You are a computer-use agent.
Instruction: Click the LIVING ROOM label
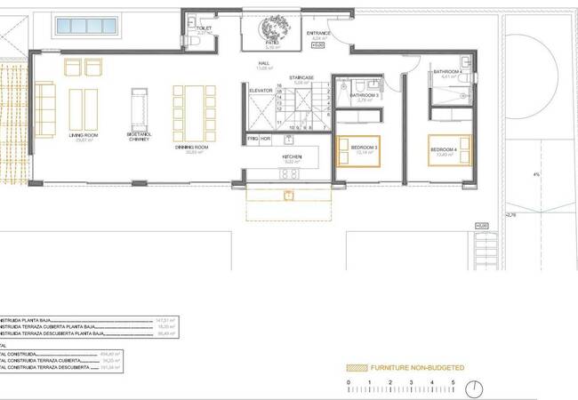point(84,136)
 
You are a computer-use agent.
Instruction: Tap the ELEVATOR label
point(260,90)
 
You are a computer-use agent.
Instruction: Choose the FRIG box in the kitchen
point(252,140)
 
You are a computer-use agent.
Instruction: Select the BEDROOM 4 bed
point(453,148)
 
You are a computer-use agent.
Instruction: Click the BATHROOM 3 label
point(364,96)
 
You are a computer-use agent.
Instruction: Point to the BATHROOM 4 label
point(446,71)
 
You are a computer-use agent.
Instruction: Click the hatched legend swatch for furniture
point(357,367)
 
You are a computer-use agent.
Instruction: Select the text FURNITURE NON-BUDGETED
point(418,367)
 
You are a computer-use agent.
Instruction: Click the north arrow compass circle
point(477,388)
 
